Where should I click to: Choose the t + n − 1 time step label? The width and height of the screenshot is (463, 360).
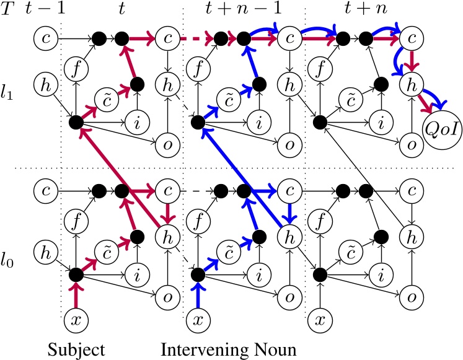(240, 11)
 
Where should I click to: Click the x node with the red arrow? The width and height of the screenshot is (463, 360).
(75, 320)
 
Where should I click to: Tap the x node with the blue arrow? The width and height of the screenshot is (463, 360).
(197, 320)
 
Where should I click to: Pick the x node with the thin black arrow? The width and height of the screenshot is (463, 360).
(319, 320)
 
